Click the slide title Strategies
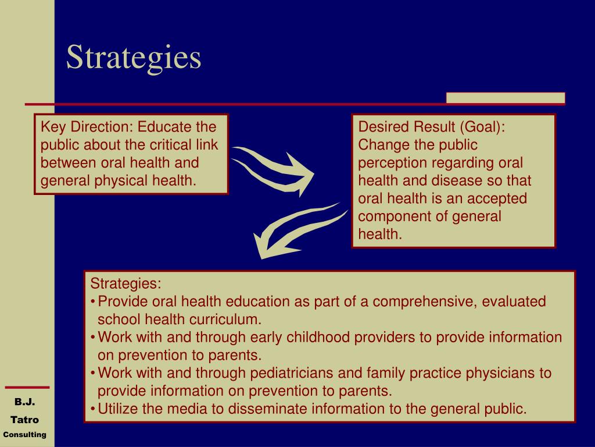[134, 58]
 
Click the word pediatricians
[292, 373]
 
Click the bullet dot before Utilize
[93, 409]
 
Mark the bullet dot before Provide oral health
[93, 302]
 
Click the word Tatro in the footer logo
[24, 420]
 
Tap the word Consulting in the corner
[24, 434]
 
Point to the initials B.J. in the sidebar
[24, 402]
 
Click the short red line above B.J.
[27, 388]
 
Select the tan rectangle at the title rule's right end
[506, 98]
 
